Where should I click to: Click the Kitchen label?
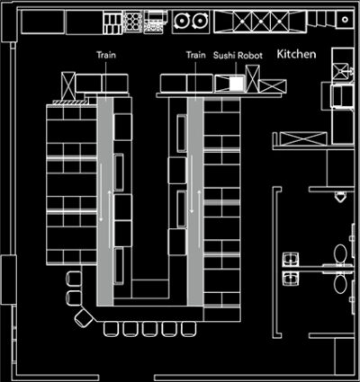[296, 54]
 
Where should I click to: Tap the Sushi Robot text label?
[238, 56]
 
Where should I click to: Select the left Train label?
[106, 55]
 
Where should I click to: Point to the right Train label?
[196, 55]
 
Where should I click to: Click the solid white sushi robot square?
[236, 83]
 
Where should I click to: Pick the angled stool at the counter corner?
[84, 318]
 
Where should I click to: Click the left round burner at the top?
[181, 21]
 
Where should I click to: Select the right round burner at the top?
[200, 21]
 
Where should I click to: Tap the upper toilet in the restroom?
[340, 253]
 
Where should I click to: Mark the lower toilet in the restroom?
[340, 284]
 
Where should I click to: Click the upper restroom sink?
[291, 259]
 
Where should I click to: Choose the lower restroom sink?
[291, 278]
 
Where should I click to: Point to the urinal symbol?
[340, 197]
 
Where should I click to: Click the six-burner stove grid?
[132, 21]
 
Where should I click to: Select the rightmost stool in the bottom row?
[189, 329]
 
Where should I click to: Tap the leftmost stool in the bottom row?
[112, 329]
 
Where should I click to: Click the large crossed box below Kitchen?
[303, 139]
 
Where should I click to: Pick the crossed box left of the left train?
[68, 86]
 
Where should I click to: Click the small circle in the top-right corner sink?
[345, 20]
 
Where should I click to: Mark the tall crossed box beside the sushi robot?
[253, 78]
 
